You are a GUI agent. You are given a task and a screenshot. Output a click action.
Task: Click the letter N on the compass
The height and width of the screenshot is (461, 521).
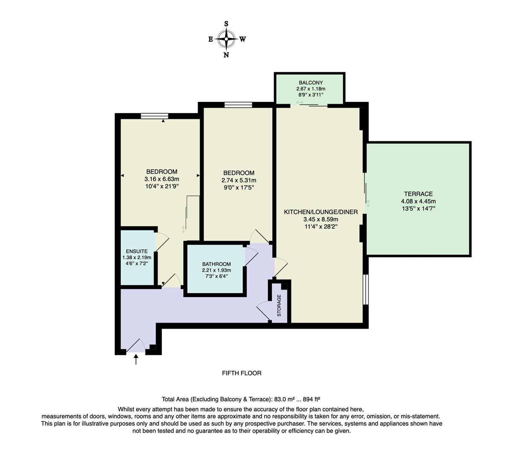(x=226, y=55)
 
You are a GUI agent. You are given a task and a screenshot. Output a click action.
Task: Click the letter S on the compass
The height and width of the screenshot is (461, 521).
(x=226, y=24)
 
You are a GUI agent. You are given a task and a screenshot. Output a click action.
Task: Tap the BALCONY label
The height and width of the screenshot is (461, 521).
(x=311, y=83)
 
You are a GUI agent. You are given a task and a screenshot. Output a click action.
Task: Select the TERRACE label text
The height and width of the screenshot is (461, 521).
(x=418, y=194)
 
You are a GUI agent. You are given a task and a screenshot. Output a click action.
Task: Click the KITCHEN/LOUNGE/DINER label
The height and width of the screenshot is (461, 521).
(x=320, y=212)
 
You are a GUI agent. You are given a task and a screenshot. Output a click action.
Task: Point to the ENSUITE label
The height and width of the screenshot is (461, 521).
(x=137, y=251)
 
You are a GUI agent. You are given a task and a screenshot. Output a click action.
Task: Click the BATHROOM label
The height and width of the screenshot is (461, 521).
(x=216, y=264)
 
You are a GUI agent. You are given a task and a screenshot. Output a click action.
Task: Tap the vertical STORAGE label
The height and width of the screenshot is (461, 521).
(x=279, y=305)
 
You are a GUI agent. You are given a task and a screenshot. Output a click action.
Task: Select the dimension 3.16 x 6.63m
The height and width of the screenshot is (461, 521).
(x=162, y=179)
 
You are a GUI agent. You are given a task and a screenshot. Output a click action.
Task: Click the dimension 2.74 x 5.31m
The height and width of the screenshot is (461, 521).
(x=239, y=180)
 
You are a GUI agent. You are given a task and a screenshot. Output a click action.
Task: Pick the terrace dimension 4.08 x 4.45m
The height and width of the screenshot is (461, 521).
(x=418, y=201)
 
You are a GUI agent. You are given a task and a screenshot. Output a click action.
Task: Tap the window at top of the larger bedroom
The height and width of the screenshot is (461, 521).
(x=154, y=116)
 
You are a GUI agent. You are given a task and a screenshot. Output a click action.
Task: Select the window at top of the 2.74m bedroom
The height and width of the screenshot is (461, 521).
(x=238, y=105)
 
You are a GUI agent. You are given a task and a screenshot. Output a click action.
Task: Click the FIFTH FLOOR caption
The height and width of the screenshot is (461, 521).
(x=242, y=373)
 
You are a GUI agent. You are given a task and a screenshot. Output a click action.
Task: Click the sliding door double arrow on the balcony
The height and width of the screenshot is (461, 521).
(x=300, y=102)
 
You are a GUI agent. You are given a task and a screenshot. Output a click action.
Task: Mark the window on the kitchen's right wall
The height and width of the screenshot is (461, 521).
(x=365, y=289)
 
